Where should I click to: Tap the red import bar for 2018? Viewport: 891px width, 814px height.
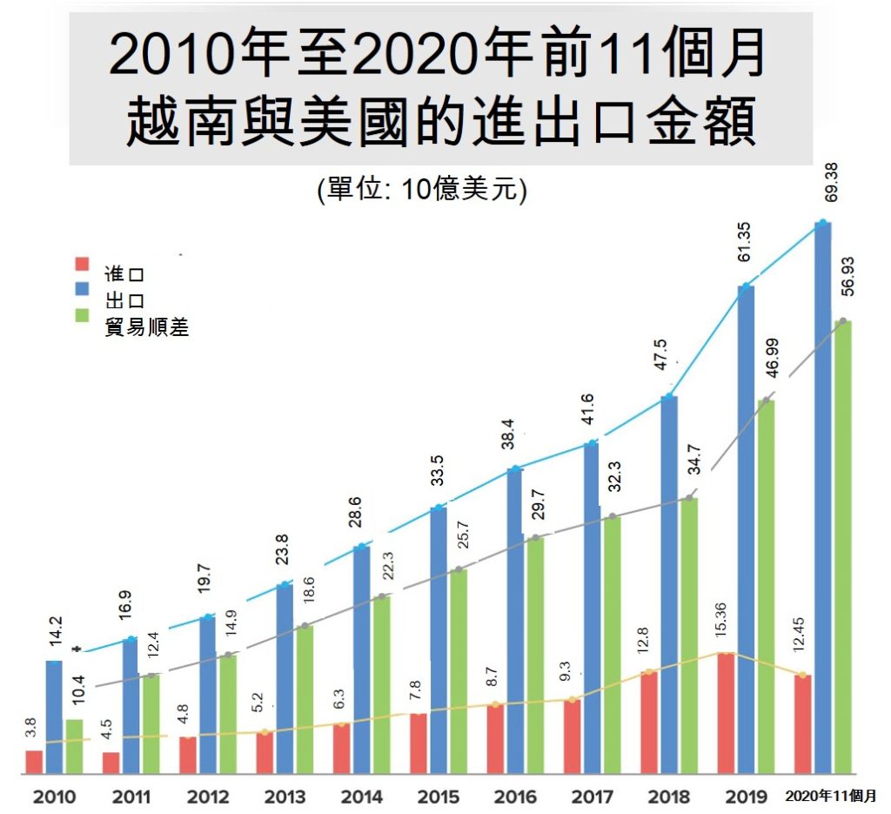coord(649,722)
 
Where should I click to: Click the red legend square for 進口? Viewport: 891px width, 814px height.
coord(83,264)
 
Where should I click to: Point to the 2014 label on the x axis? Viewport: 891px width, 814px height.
coord(362,796)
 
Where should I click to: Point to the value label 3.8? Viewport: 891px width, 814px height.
coord(31,726)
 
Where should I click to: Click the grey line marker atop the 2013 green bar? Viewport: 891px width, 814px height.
coord(305,626)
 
